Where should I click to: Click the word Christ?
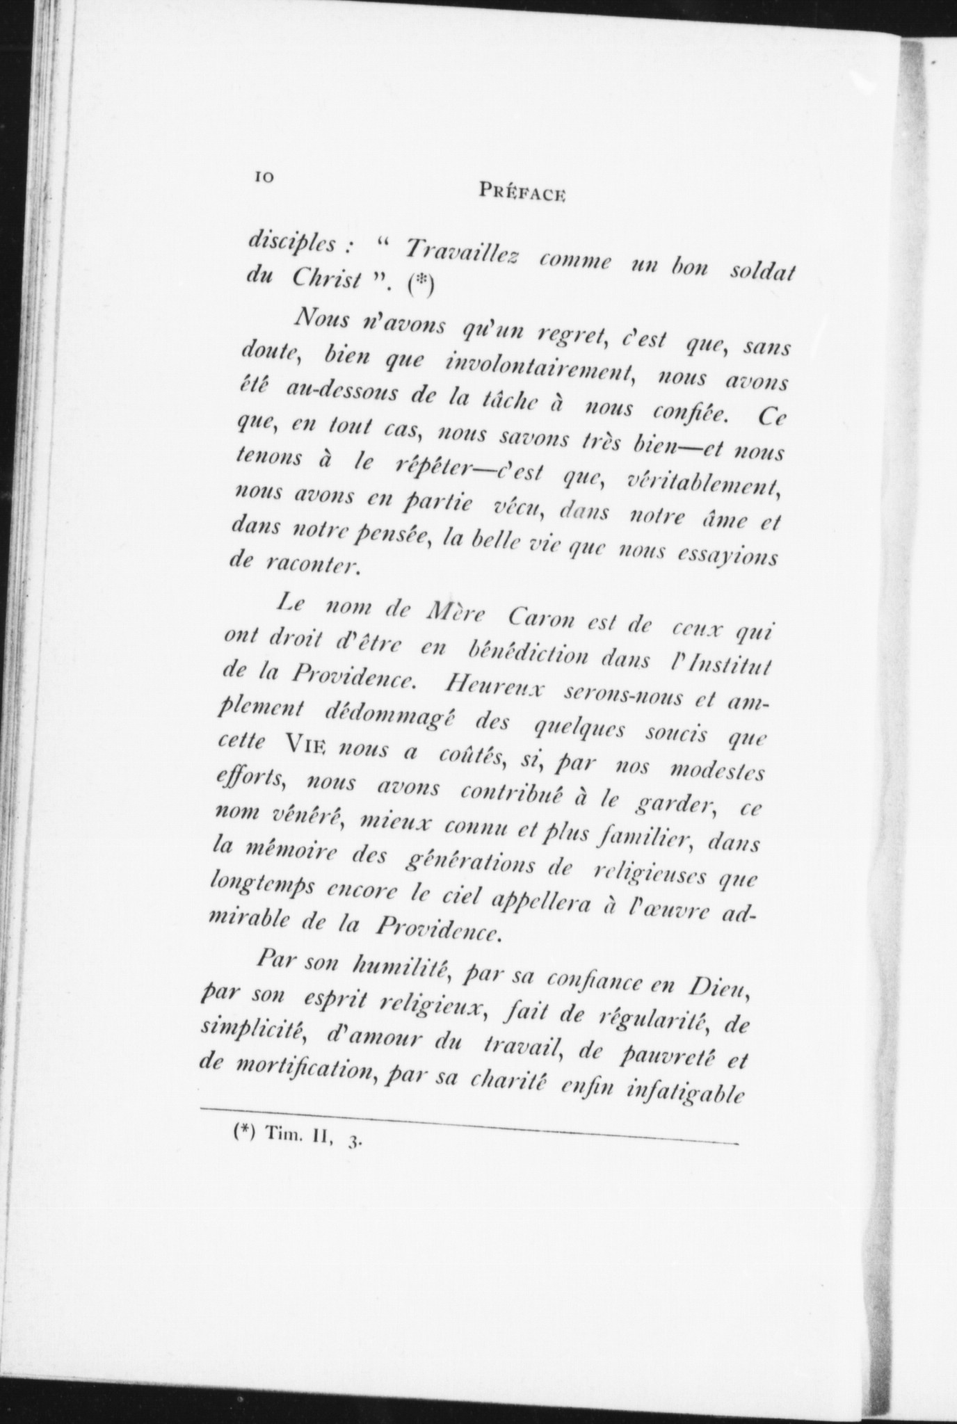(x=328, y=277)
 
